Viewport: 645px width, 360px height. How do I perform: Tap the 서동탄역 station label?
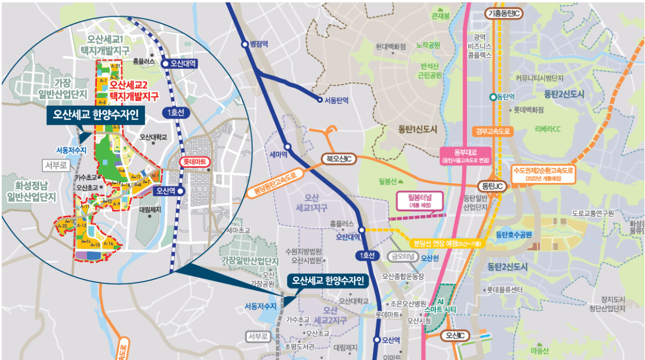(x=336, y=101)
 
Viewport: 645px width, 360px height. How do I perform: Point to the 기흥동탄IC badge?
(x=503, y=13)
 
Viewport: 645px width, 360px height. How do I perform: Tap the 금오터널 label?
(x=403, y=257)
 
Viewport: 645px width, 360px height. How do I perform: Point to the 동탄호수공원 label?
(x=513, y=234)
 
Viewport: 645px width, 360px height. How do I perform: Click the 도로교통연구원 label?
(x=593, y=214)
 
